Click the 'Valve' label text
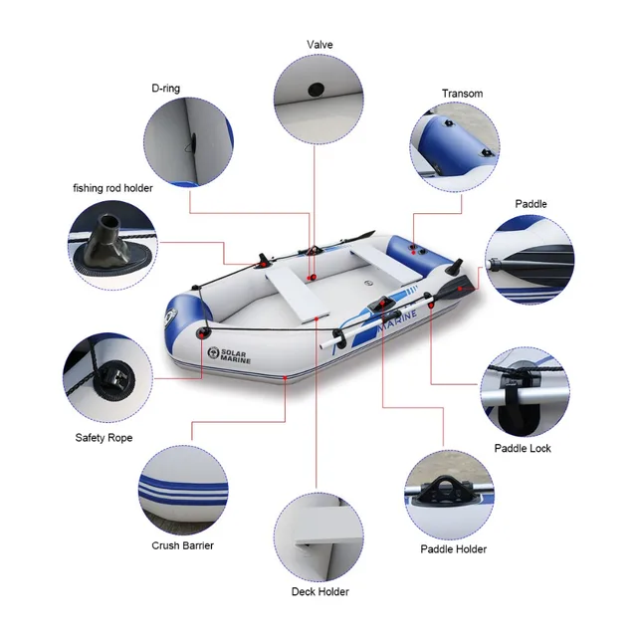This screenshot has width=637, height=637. [318, 45]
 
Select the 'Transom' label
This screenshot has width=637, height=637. [462, 94]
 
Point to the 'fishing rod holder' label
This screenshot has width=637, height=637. [112, 187]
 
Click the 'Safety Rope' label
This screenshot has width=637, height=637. [104, 437]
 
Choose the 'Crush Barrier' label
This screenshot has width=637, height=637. [182, 545]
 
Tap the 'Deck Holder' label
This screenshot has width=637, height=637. [319, 592]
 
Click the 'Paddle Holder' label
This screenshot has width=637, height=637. [453, 549]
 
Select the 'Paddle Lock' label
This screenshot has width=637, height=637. [523, 449]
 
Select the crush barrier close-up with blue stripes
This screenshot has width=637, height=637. [182, 489]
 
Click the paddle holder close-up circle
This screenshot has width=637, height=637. [453, 492]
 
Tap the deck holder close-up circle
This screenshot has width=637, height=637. [318, 536]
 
